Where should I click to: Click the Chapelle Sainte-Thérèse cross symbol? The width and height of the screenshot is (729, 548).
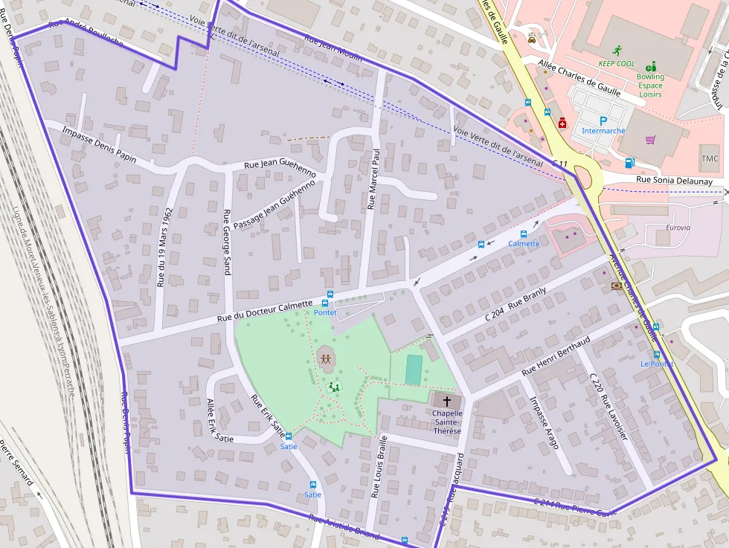447,401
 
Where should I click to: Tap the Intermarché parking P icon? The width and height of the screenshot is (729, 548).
603,120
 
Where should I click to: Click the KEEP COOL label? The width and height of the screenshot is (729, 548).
617,64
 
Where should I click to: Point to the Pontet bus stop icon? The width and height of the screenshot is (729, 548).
326,303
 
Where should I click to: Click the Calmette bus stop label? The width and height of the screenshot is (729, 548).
524,244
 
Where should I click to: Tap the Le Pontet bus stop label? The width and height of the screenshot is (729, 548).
657,364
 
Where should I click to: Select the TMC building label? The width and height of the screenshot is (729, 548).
710,158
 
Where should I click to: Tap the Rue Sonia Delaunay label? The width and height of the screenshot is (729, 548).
674,181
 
